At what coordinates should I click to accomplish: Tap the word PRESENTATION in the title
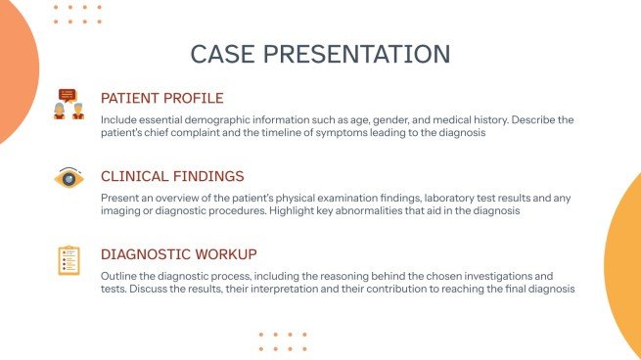pyautogui.click(x=357, y=54)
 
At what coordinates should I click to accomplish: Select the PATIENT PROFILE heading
pyautogui.click(x=162, y=98)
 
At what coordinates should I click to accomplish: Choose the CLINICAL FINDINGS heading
pyautogui.click(x=172, y=177)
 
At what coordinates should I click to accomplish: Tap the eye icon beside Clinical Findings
pyautogui.click(x=68, y=179)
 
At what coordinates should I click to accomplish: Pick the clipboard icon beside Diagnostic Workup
pyautogui.click(x=68, y=260)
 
